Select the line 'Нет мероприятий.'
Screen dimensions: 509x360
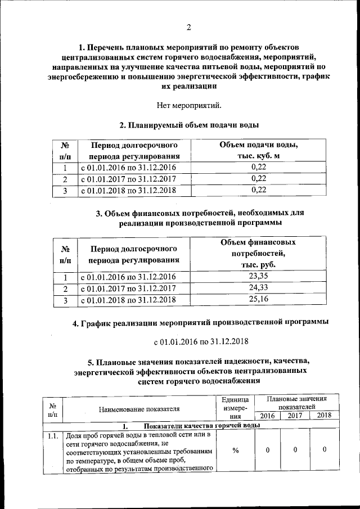tap(188, 105)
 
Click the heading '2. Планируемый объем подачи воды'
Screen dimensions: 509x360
tap(188, 125)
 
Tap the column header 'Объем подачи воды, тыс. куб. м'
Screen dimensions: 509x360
tap(258, 150)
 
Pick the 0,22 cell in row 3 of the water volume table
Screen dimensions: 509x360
tap(258, 190)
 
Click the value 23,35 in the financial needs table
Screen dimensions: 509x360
tap(258, 276)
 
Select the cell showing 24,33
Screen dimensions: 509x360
tap(258, 288)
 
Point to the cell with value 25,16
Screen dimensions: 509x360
tap(258, 300)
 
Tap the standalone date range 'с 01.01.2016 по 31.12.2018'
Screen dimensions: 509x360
tap(201, 341)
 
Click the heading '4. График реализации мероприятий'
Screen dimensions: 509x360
tap(201, 323)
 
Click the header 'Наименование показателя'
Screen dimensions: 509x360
tap(138, 409)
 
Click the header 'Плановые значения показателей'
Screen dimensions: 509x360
tap(296, 402)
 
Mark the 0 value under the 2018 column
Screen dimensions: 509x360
tap(325, 450)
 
